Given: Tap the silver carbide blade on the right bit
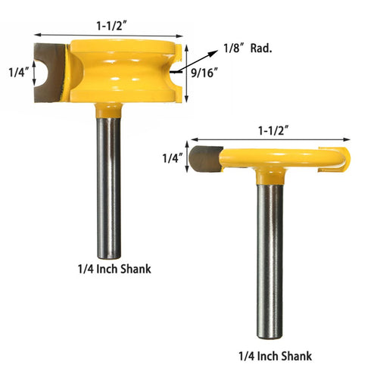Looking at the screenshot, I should coord(204,159).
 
